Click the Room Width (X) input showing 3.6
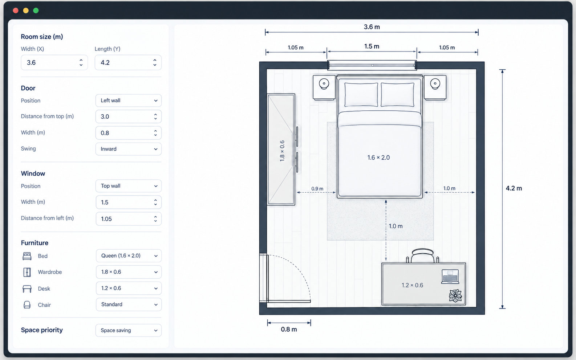(54, 62)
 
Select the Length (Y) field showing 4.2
(128, 62)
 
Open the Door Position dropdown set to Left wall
(128, 101)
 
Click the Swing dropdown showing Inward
(128, 149)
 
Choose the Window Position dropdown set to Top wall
(128, 186)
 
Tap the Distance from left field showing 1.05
(128, 219)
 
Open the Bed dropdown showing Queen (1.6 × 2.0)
(129, 256)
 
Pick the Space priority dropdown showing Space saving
(128, 330)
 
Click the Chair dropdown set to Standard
(129, 304)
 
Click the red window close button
(16, 11)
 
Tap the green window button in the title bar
(36, 11)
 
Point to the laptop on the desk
(450, 277)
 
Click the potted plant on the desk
(455, 295)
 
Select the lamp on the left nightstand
(324, 84)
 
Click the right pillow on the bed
(397, 95)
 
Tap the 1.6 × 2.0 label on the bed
(378, 157)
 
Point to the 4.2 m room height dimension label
(514, 188)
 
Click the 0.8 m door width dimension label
(289, 330)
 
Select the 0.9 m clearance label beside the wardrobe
(317, 189)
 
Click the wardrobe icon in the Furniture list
(27, 272)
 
